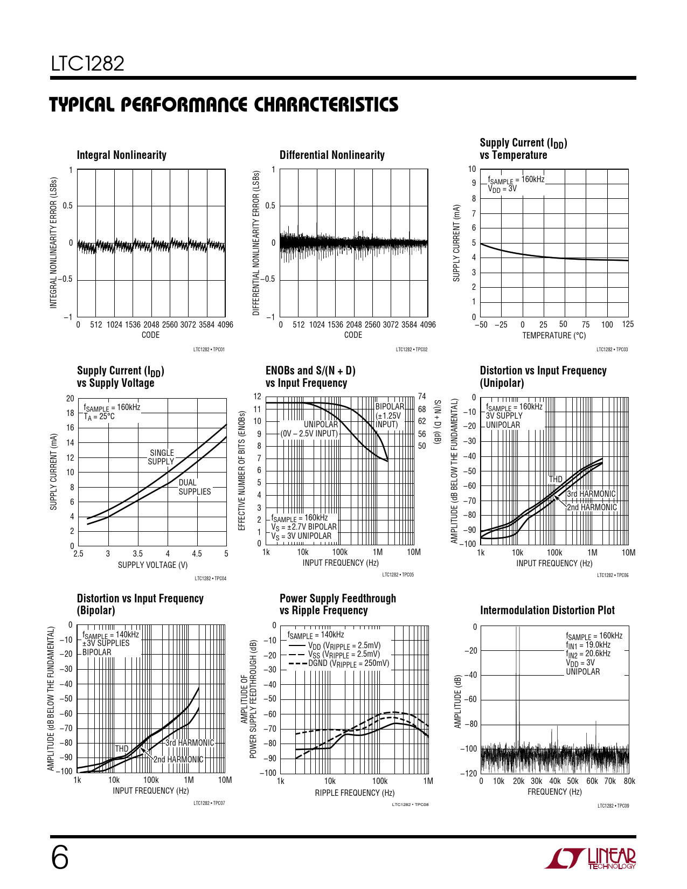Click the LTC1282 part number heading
[88, 64]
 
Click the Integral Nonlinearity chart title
[122, 155]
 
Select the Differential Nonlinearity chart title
[332, 155]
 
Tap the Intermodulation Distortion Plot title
[547, 610]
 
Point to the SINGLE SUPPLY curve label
[162, 457]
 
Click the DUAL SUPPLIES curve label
[195, 487]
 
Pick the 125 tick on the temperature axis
[628, 324]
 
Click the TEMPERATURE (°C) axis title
[554, 336]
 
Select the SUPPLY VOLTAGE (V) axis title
[153, 565]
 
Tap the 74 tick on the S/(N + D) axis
[422, 397]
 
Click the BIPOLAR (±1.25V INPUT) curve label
[389, 415]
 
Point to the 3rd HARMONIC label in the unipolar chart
[591, 494]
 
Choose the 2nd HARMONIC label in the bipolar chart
[178, 760]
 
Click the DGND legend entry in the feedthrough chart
[348, 664]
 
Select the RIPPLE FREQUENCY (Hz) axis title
[355, 793]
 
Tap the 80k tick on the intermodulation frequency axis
[629, 781]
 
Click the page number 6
[60, 858]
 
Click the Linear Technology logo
[590, 859]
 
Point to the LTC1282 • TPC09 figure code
[613, 806]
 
